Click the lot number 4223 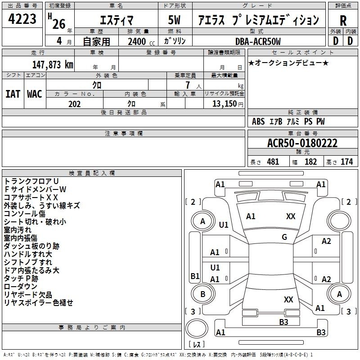[x=22, y=19]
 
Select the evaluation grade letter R [x=343, y=21]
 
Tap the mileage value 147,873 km [x=53, y=64]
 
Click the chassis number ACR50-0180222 [x=302, y=143]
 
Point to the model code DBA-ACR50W [x=258, y=41]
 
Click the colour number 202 [x=75, y=104]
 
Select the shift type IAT [x=13, y=94]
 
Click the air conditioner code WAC [x=35, y=94]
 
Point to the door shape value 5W [x=174, y=20]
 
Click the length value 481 [x=273, y=162]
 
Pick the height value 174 [x=346, y=162]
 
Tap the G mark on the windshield [x=284, y=237]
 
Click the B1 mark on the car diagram [x=195, y=276]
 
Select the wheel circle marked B [x=203, y=294]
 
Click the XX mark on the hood [x=291, y=216]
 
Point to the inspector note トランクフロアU [x=31, y=181]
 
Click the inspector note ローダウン [x=21, y=286]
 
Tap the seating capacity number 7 [x=188, y=85]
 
